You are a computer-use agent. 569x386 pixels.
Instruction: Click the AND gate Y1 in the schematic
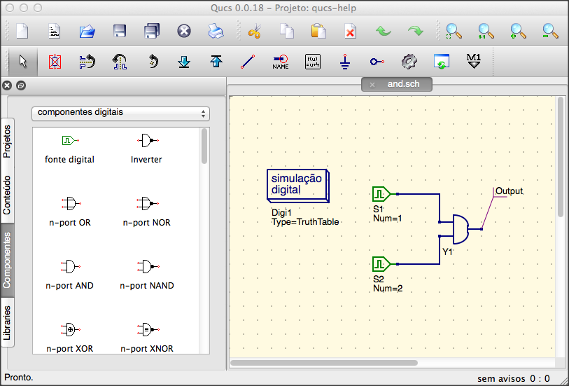(461, 229)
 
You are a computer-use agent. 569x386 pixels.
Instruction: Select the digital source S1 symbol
(381, 194)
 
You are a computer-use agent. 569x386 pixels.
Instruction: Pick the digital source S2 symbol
(381, 264)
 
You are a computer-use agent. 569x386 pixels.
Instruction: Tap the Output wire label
(509, 191)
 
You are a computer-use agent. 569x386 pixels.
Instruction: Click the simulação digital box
(298, 186)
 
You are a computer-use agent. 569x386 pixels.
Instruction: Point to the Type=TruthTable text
(305, 222)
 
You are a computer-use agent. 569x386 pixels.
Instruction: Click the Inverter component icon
(147, 140)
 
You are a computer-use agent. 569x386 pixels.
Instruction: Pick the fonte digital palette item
(70, 150)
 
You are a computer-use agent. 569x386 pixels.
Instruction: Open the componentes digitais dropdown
(120, 113)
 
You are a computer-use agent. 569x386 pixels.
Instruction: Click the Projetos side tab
(7, 142)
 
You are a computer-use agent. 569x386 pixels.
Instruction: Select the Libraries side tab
(7, 322)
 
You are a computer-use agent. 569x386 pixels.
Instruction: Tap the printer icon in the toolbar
(216, 32)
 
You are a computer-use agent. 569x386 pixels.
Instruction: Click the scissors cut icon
(255, 32)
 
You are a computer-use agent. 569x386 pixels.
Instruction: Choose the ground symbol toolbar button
(345, 62)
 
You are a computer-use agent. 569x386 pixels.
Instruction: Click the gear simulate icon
(409, 62)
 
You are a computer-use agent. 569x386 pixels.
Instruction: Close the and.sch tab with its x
(372, 85)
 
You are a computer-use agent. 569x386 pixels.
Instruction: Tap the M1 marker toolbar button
(474, 61)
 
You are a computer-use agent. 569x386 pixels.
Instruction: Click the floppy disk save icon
(120, 32)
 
